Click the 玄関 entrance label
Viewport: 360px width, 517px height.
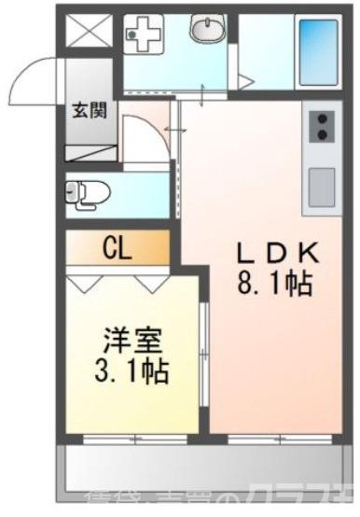pos(90,109)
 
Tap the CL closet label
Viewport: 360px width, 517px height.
pos(117,248)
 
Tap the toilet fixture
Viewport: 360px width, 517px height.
pos(90,194)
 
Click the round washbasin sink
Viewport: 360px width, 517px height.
pos(207,31)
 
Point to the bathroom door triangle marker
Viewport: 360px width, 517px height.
pos(246,82)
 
